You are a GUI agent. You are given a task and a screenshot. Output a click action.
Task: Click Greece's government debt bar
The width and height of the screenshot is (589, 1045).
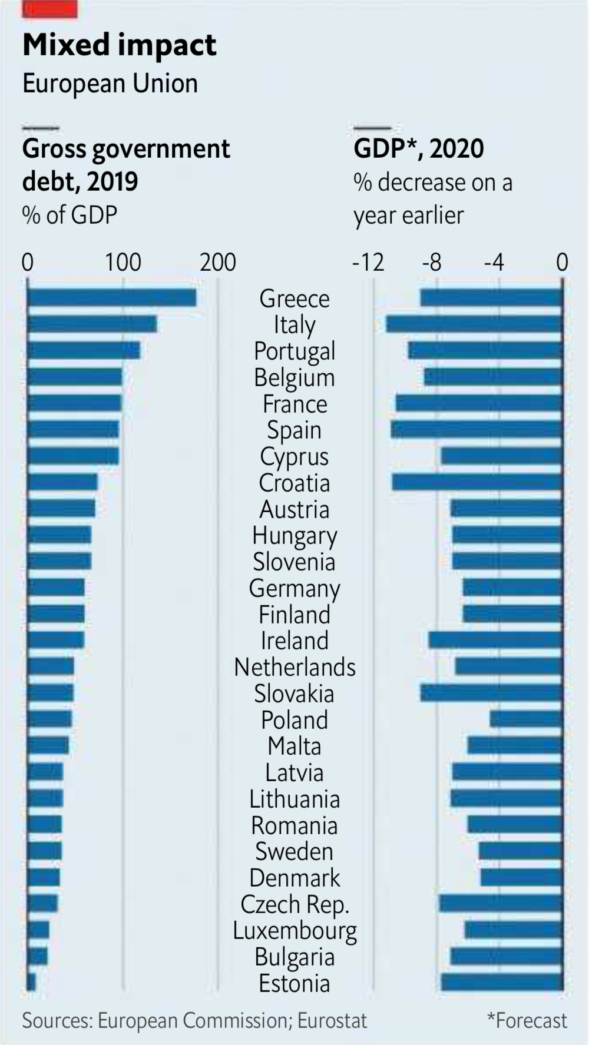tap(112, 298)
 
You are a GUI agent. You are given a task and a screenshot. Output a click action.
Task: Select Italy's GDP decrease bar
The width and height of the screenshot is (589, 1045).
tap(474, 324)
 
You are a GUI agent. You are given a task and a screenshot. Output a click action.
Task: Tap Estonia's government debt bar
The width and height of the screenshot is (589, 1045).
tap(31, 983)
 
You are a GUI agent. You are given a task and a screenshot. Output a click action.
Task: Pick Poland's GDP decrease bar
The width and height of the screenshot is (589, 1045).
tap(526, 719)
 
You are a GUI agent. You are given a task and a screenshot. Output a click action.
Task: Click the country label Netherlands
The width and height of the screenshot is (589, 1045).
tap(294, 667)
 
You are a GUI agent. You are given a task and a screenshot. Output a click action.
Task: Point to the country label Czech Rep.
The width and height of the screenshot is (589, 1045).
tap(294, 904)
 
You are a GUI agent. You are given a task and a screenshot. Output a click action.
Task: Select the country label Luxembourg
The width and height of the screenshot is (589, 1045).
tap(294, 931)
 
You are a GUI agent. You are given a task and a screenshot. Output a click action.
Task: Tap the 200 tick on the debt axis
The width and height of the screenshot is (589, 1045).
tap(217, 262)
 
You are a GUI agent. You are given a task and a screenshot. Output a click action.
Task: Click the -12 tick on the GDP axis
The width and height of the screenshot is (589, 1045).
tap(368, 262)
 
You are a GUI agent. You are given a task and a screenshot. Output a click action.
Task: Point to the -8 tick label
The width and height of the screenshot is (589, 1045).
tap(432, 262)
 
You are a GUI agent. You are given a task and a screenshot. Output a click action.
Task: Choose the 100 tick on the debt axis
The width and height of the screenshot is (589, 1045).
tap(123, 262)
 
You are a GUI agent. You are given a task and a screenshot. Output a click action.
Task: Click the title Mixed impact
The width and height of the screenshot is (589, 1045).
tap(120, 45)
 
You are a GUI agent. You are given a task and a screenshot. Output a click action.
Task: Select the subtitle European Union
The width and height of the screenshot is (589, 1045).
tap(110, 84)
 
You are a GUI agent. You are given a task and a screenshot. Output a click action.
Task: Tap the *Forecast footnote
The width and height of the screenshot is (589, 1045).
tap(527, 1020)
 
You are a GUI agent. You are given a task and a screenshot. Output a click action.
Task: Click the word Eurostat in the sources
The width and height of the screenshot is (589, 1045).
tap(332, 1020)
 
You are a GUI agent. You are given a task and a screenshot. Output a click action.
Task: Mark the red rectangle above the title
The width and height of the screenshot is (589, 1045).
tap(49, 8)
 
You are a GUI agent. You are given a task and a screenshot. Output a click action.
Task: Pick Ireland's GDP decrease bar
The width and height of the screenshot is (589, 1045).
tap(495, 640)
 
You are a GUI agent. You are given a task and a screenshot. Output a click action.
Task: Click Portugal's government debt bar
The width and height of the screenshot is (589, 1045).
tap(84, 350)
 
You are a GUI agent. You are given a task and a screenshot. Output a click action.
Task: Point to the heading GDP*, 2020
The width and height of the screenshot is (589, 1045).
tap(418, 148)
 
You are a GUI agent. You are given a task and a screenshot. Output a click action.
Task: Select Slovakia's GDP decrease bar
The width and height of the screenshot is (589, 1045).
tap(491, 693)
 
